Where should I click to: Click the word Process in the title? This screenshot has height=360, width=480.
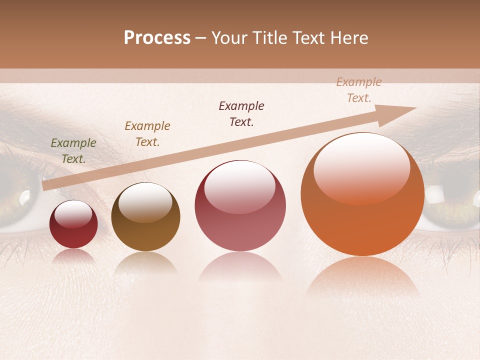coord(157,38)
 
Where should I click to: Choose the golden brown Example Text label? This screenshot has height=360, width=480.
coord(147,133)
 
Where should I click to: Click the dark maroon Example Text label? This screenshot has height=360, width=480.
coord(241,114)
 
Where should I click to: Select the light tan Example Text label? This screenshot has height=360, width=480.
coord(359,90)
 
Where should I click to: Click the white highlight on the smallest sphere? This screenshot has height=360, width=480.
coord(73,214)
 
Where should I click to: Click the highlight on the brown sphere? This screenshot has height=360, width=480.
coord(145,201)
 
